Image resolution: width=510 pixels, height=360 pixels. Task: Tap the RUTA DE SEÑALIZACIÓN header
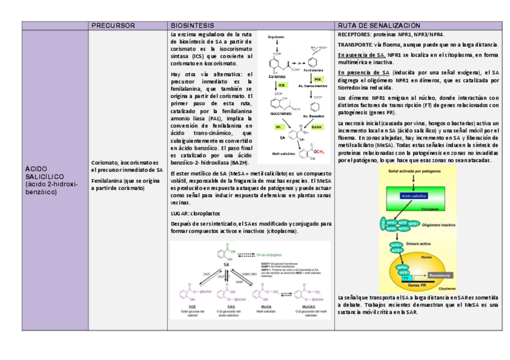point(379,26)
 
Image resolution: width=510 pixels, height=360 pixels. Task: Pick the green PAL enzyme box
point(317,79)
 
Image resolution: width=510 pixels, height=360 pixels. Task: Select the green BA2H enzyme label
point(316,127)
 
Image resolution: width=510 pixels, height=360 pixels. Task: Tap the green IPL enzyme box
point(278,127)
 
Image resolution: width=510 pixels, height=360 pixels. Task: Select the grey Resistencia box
point(439,275)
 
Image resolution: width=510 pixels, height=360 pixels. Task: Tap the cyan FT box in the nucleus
point(406,278)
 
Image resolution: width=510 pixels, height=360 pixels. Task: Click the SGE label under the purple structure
point(185,308)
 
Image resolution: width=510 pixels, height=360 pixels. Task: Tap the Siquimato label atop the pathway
point(277,36)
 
